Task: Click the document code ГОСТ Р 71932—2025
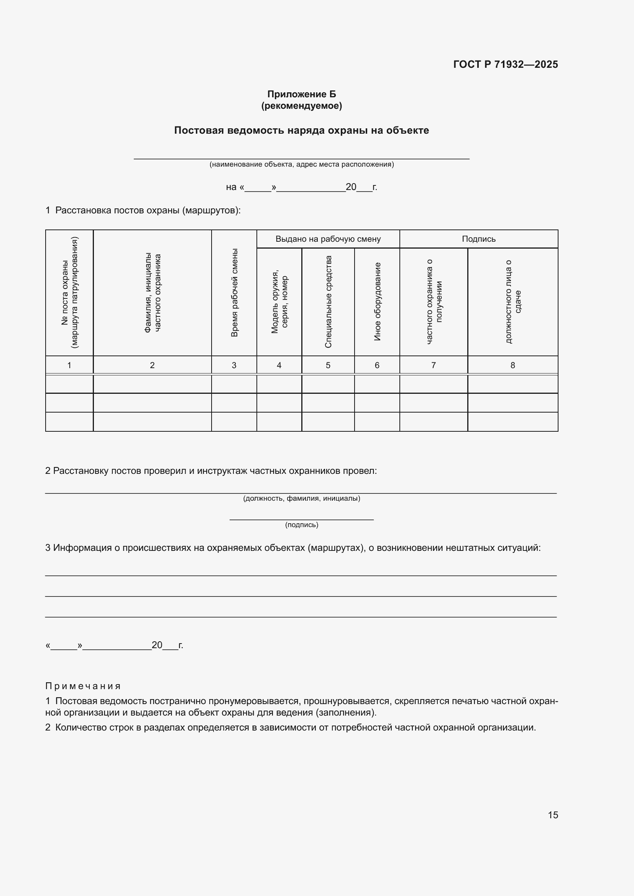coord(505,64)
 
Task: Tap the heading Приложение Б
coord(301,94)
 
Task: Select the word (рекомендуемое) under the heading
coord(301,106)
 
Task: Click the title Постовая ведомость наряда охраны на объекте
coord(301,130)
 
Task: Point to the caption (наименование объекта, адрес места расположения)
coord(301,164)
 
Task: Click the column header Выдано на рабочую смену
coord(328,239)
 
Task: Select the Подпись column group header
coord(479,239)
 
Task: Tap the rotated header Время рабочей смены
coord(234,293)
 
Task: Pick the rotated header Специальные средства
coord(328,301)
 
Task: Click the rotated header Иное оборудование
coord(377,301)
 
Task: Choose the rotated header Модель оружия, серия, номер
coord(279,301)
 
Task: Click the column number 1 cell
coord(69,365)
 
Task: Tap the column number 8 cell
coord(512,365)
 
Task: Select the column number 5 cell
coord(328,365)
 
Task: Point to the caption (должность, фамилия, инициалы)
coord(301,498)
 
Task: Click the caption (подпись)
coord(301,525)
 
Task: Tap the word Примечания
coord(83,686)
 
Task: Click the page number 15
coord(553,815)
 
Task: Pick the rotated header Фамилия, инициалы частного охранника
coord(152,293)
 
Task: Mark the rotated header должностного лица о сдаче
coord(513,301)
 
